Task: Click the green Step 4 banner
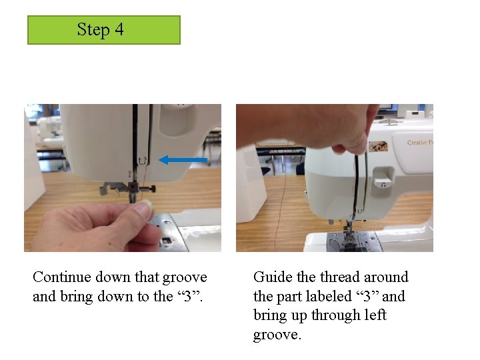(x=104, y=30)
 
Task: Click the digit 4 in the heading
(x=119, y=30)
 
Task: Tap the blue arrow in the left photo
(x=183, y=160)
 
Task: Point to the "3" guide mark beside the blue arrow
(x=143, y=160)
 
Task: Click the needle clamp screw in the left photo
(x=149, y=189)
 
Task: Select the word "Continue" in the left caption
(x=62, y=277)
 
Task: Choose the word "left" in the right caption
(x=375, y=315)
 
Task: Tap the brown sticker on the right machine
(x=379, y=147)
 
